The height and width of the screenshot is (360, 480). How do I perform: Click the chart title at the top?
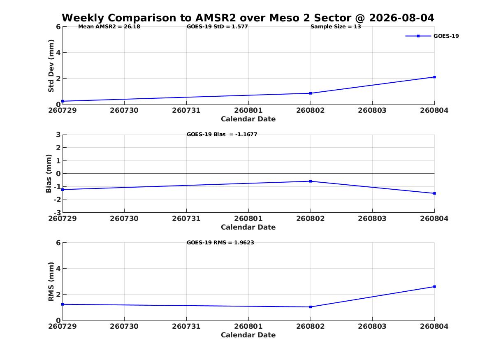click(248, 18)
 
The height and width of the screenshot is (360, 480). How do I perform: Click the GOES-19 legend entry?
click(432, 36)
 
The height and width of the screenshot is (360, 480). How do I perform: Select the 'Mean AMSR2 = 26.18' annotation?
click(109, 27)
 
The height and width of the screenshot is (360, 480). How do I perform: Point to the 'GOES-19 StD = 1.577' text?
click(217, 27)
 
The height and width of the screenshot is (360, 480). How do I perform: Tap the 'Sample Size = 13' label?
click(336, 27)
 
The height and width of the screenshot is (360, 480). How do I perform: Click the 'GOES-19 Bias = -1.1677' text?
click(222, 135)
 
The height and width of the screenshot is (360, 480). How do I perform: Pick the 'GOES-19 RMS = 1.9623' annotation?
click(220, 242)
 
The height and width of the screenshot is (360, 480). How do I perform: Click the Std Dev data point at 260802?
click(311, 93)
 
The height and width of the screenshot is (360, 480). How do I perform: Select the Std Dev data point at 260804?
click(434, 77)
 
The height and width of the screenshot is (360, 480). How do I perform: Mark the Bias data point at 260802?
click(311, 181)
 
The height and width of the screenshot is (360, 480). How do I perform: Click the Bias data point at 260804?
click(434, 193)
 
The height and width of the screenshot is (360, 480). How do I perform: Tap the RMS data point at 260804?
click(434, 287)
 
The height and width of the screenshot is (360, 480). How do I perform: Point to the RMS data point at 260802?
click(311, 307)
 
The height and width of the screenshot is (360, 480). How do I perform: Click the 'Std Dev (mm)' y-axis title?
click(51, 66)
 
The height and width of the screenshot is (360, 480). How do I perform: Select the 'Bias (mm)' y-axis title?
click(49, 174)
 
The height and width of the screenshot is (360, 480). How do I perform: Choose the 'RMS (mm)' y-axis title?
click(51, 282)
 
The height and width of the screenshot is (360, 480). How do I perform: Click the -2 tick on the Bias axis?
click(57, 200)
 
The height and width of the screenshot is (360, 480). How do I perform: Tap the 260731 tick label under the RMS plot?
click(186, 326)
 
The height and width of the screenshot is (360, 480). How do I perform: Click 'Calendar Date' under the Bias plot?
click(248, 227)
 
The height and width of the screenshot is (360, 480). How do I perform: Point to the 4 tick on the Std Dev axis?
click(58, 53)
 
